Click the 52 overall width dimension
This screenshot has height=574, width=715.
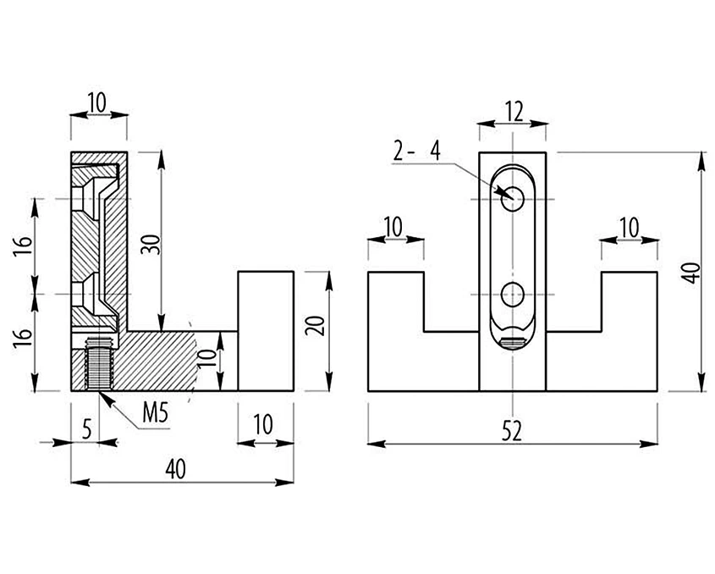tap(511, 431)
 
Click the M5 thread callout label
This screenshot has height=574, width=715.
tap(156, 413)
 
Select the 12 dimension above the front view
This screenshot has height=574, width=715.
tap(514, 112)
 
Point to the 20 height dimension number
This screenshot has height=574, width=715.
tap(315, 325)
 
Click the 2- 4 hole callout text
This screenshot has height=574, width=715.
tap(417, 151)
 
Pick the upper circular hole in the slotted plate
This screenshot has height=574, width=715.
tap(513, 199)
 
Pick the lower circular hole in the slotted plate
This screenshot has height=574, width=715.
tap(513, 295)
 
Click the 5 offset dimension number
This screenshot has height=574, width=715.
tap(86, 430)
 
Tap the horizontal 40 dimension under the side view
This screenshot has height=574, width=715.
tap(175, 469)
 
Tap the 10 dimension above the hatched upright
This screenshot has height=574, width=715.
tap(97, 102)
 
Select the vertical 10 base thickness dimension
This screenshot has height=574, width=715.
tap(206, 360)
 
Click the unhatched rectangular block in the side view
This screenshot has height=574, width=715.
tap(266, 331)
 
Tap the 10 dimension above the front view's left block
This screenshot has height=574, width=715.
tap(393, 227)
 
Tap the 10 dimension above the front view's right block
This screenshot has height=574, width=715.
tap(630, 227)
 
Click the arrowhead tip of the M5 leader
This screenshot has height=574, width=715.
tap(99, 391)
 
